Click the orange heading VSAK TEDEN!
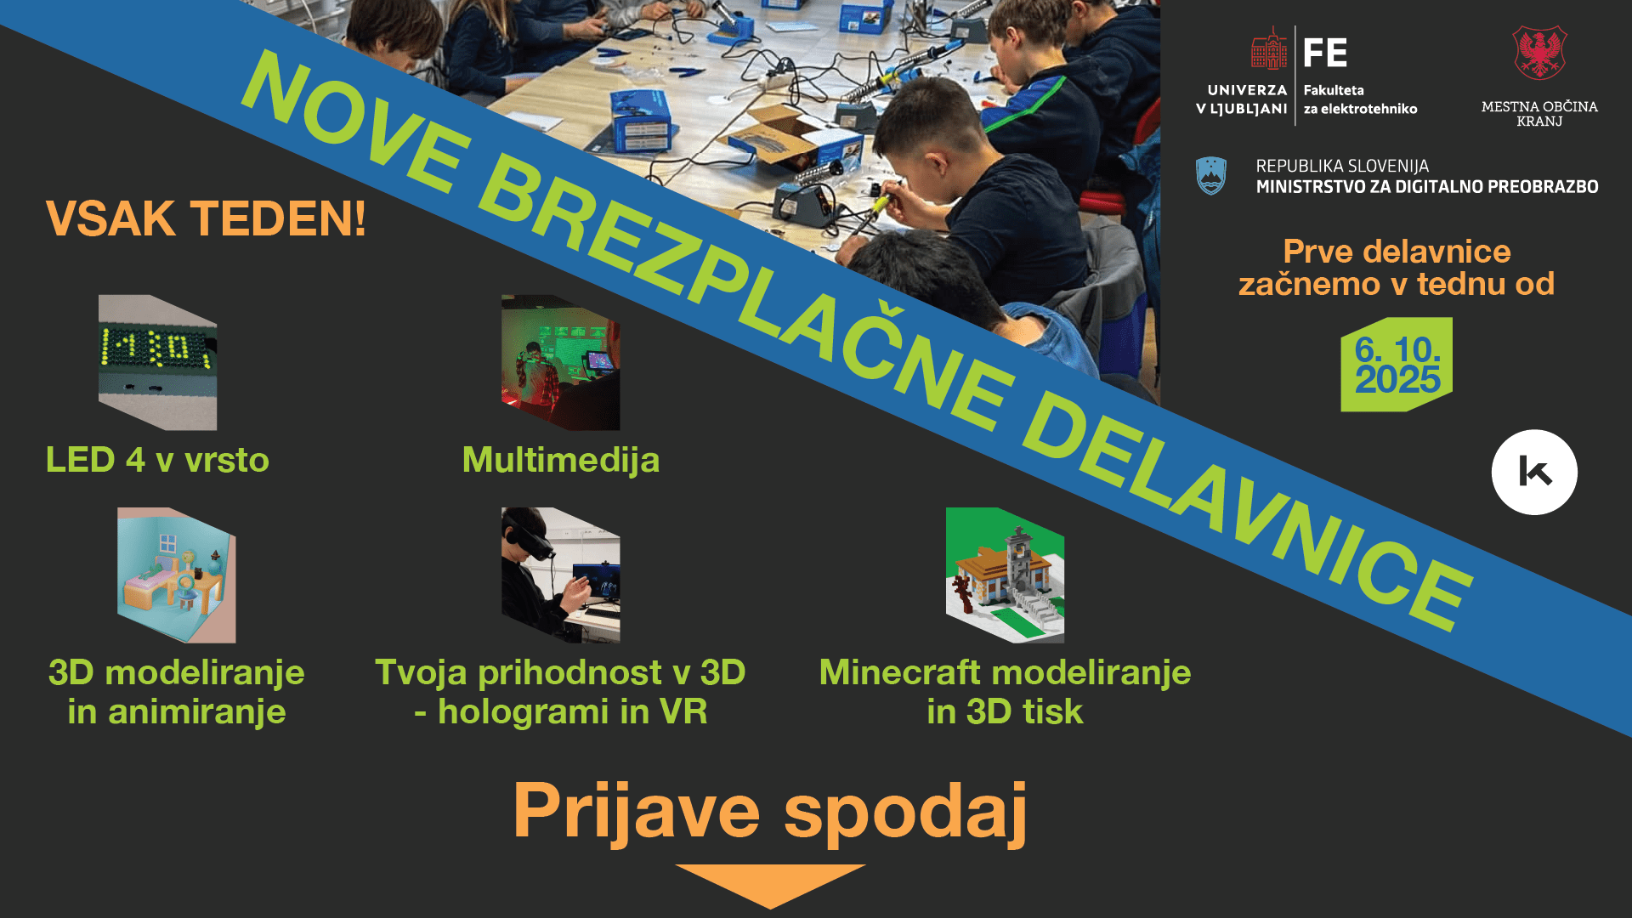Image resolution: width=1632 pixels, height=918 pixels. coord(206,218)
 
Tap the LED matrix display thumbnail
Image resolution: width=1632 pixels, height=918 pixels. coord(157,362)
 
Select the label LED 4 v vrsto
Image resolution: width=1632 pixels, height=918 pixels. coord(157,460)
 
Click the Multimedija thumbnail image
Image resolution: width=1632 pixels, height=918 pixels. coord(560,362)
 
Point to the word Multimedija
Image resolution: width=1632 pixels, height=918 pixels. coord(560,460)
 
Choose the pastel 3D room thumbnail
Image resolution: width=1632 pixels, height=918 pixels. coord(176,575)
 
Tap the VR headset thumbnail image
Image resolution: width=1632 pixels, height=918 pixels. coord(560,575)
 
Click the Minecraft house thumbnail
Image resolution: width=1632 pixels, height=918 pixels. coord(1005,575)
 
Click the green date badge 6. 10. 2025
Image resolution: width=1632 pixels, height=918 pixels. coord(1397,365)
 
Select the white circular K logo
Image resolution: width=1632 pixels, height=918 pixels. coord(1534,472)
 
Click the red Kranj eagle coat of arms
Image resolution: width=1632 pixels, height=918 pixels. coord(1539,53)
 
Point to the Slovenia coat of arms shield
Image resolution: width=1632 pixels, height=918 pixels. coord(1210,176)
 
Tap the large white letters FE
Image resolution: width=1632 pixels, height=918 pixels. coord(1325,53)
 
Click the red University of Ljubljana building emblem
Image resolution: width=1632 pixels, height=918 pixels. coord(1269,48)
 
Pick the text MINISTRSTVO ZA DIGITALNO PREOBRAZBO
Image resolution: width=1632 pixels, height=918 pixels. coord(1427,187)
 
